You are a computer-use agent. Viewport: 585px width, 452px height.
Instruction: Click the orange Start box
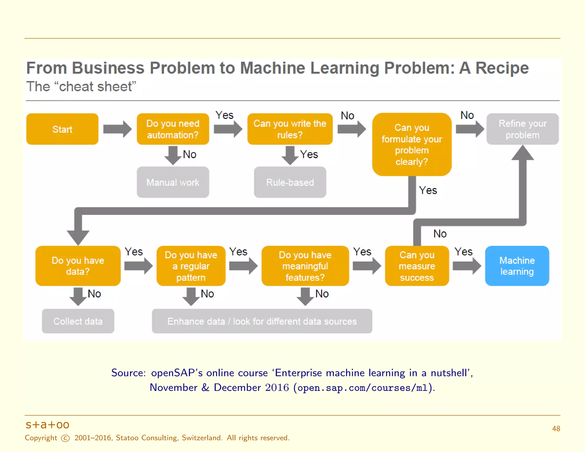[62, 129]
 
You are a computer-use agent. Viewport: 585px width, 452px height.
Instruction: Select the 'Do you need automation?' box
[173, 129]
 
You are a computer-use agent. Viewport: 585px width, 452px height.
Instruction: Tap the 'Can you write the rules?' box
[290, 129]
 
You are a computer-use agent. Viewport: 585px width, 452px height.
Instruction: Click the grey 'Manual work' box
[173, 182]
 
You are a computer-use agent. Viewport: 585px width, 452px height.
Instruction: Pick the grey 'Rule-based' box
[290, 182]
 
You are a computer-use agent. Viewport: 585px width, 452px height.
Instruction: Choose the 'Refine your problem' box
[522, 129]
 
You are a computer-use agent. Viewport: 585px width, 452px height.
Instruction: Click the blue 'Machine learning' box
[517, 266]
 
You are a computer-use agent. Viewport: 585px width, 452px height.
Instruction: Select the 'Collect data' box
[78, 321]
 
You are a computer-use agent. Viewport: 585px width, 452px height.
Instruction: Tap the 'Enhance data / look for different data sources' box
[262, 321]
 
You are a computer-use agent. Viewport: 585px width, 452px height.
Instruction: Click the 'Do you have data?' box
[78, 266]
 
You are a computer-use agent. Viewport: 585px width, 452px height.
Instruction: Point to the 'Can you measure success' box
[417, 266]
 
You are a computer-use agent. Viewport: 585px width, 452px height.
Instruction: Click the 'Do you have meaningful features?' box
[305, 266]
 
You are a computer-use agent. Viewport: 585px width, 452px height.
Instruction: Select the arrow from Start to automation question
[117, 129]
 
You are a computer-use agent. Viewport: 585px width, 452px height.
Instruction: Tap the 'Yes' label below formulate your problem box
[428, 190]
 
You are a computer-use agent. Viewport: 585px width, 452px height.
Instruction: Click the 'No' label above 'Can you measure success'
[440, 234]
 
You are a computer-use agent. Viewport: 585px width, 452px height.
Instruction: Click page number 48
[556, 429]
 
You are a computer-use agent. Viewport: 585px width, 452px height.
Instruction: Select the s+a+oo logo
[47, 425]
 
